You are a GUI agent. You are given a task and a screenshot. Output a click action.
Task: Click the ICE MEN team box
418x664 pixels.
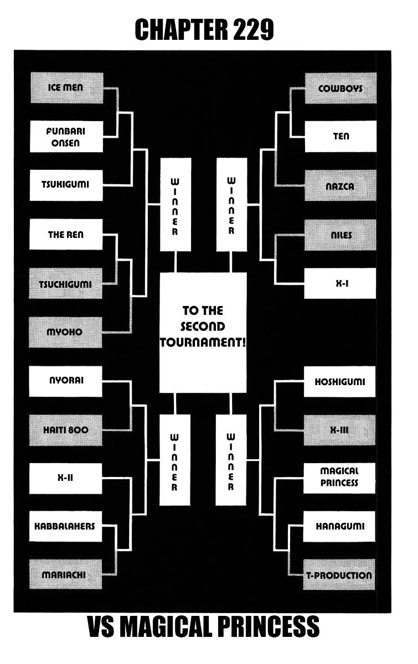(65, 88)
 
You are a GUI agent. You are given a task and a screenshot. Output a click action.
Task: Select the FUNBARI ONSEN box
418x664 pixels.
(65, 137)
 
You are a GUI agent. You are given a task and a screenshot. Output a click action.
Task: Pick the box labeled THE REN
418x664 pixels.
(65, 235)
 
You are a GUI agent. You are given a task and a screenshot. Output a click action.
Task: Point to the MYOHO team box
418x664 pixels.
(65, 333)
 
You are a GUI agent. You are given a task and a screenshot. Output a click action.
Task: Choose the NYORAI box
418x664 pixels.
(65, 381)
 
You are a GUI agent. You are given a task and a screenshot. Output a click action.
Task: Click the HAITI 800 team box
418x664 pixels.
(65, 430)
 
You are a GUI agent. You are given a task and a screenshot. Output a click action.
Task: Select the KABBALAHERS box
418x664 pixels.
(65, 526)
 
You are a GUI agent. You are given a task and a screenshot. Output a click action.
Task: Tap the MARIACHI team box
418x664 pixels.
(65, 575)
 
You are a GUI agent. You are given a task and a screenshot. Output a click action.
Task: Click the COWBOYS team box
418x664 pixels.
(340, 88)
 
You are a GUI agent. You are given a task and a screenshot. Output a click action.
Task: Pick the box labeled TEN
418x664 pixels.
(340, 137)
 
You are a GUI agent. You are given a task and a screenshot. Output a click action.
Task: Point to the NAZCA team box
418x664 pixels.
(340, 186)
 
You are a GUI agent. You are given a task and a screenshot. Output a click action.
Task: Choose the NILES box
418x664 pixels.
(340, 235)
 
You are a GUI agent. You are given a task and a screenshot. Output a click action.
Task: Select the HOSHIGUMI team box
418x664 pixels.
(340, 382)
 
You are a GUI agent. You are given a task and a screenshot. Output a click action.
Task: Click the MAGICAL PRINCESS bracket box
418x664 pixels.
(339, 478)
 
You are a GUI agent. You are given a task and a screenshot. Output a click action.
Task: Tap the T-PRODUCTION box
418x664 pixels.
(339, 575)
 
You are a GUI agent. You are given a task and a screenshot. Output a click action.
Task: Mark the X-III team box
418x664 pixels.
(340, 430)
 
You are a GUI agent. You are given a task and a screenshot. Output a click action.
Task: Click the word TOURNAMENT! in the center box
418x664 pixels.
(203, 342)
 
